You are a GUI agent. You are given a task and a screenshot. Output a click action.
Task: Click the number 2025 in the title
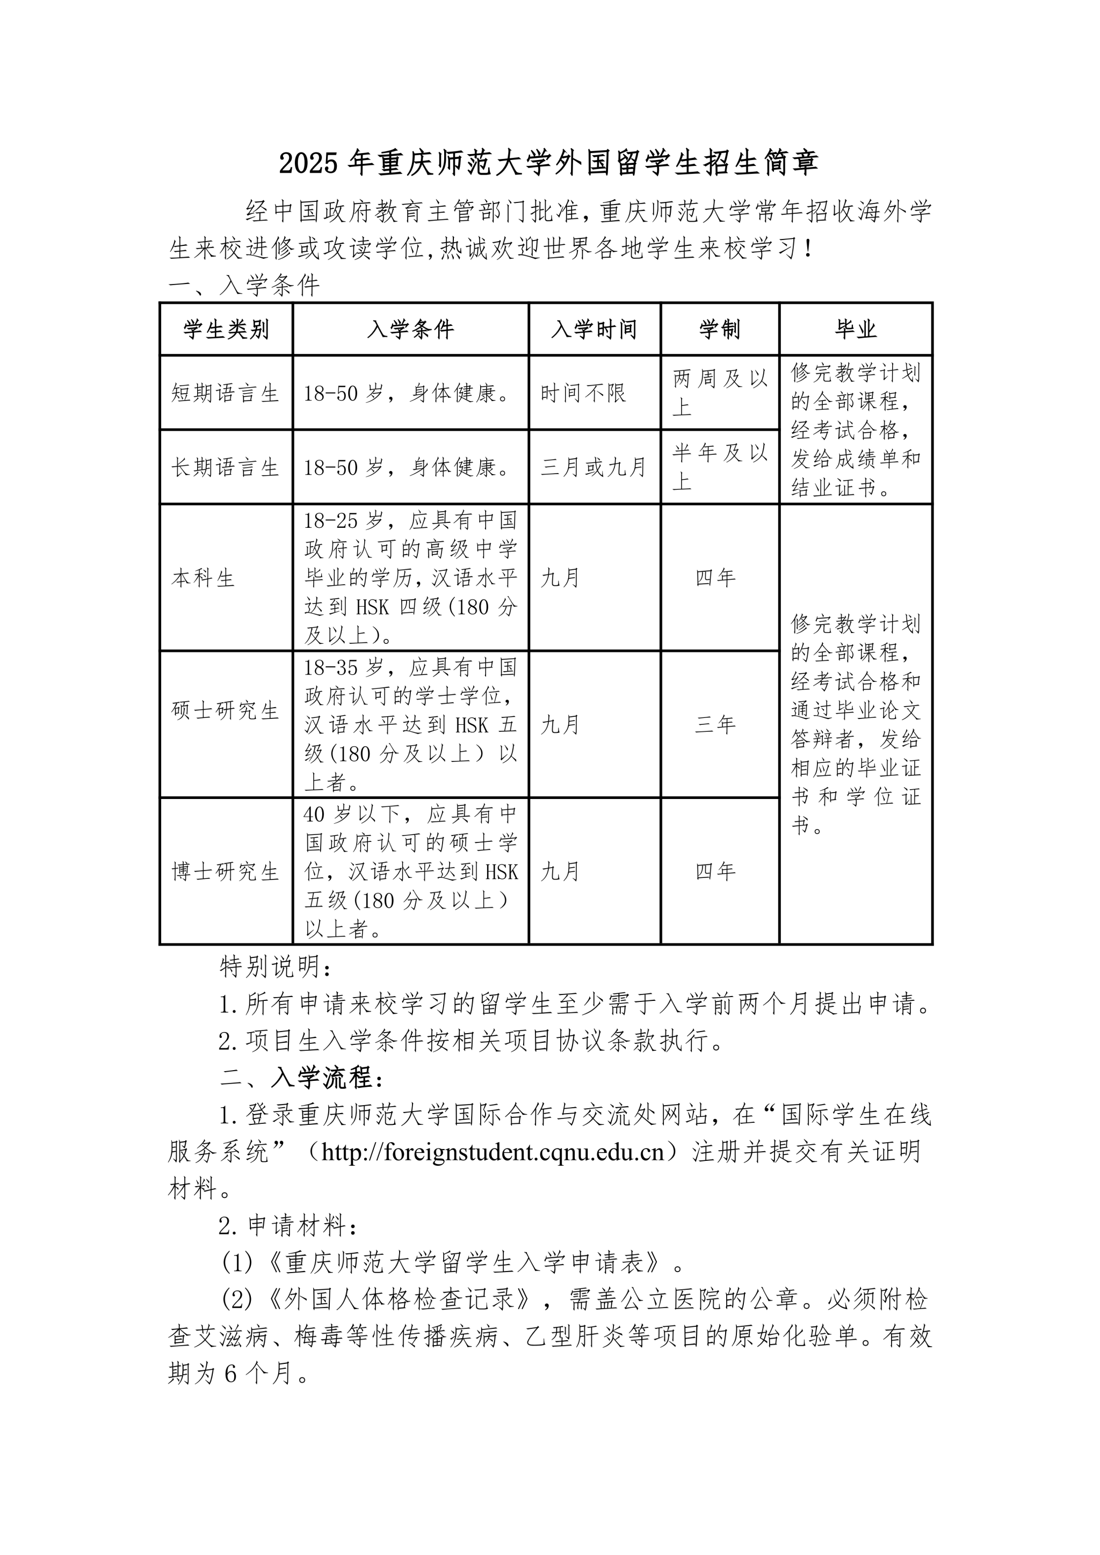(308, 163)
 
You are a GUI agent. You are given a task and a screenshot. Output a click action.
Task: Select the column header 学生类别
(226, 330)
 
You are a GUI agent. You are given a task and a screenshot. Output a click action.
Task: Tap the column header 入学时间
(594, 330)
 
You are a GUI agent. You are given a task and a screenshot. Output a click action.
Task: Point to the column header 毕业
(856, 330)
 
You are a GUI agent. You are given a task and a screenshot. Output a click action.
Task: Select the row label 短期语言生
(225, 394)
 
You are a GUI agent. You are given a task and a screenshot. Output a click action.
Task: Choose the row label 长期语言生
(225, 467)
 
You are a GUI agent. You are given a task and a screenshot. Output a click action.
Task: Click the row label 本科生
(203, 578)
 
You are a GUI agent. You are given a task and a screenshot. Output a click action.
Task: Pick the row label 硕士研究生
(225, 710)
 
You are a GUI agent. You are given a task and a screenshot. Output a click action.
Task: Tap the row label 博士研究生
(225, 871)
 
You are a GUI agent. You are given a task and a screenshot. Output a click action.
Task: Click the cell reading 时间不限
(583, 394)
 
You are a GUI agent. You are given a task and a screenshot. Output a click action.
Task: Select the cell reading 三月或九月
(594, 467)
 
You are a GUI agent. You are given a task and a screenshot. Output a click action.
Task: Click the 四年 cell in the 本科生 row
(715, 578)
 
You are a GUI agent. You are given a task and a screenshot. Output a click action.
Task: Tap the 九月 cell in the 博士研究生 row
(560, 871)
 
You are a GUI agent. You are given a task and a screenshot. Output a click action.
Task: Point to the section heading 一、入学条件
(244, 286)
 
